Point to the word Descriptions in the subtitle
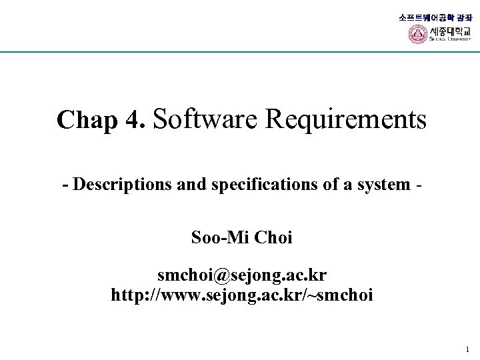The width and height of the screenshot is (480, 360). (x=115, y=185)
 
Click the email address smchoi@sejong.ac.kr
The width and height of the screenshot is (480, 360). (x=242, y=275)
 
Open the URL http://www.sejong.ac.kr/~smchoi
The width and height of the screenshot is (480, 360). (x=242, y=294)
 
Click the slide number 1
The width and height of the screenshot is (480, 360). (x=467, y=349)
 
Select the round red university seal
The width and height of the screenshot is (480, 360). (x=417, y=34)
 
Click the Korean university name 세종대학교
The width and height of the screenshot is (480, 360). (x=450, y=31)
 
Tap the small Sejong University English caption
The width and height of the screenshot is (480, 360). (x=450, y=39)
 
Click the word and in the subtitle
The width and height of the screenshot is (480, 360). (x=193, y=185)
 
